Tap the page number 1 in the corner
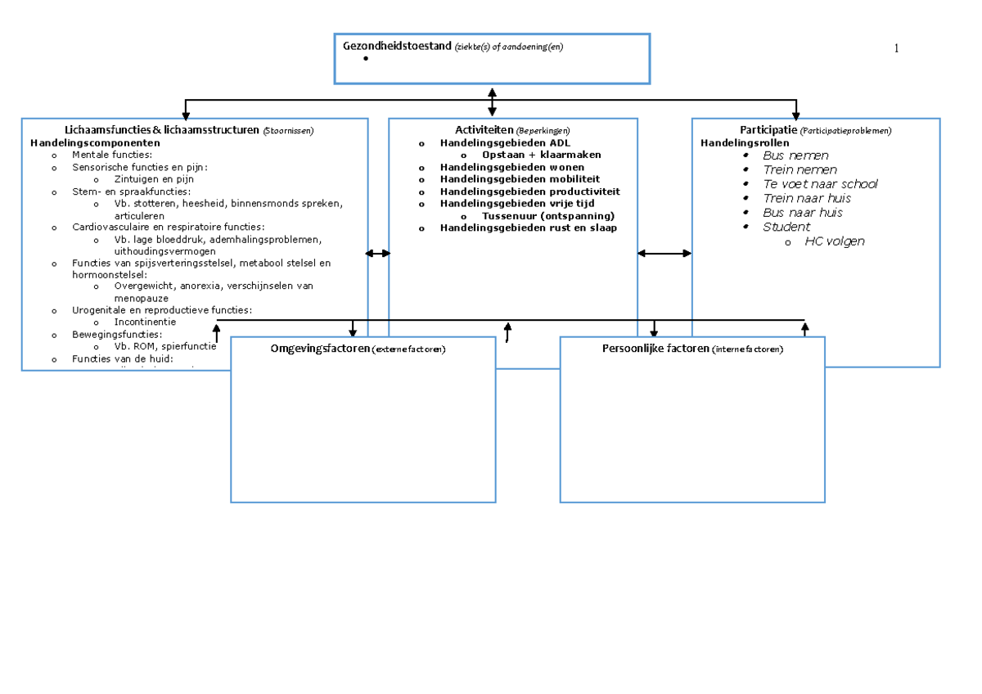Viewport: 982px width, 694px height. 896,49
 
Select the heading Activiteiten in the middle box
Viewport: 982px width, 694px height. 484,130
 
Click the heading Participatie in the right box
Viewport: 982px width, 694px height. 768,130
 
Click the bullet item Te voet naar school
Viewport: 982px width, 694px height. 819,184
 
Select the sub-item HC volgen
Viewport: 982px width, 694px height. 834,241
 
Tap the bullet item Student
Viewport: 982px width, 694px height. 786,227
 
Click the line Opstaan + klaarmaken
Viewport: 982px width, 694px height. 541,155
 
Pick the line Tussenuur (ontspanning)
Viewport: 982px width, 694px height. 547,215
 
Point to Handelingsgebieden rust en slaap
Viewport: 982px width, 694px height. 528,228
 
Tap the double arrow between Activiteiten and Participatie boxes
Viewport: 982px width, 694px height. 664,254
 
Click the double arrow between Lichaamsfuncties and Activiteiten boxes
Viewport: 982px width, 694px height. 378,254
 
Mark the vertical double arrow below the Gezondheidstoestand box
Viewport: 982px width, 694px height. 492,101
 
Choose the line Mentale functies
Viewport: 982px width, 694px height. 112,155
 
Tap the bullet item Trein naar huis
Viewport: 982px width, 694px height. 806,198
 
